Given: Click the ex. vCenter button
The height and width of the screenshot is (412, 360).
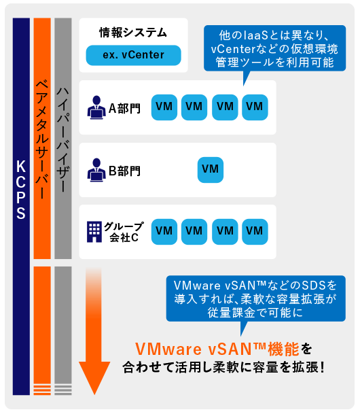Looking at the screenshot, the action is [x=133, y=55].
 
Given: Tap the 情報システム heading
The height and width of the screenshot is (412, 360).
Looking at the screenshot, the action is [x=133, y=33].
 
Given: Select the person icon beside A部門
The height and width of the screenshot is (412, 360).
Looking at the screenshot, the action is [x=96, y=107].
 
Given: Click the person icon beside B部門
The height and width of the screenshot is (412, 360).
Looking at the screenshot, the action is [x=96, y=170].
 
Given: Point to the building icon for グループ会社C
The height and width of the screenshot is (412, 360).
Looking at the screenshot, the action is [x=94, y=232].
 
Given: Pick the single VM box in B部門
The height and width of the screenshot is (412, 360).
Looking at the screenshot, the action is [x=211, y=170].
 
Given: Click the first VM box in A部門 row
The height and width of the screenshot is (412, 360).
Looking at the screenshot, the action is [x=164, y=107].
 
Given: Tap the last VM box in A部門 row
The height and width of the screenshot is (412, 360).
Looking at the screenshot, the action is [x=255, y=107].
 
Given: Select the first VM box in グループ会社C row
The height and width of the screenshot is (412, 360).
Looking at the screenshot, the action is [x=164, y=232].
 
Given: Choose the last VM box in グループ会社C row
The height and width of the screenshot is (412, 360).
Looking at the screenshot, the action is [x=255, y=232].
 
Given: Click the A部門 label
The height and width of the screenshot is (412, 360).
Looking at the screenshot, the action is [x=125, y=108].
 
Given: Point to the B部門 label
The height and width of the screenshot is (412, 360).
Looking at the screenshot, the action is [x=125, y=171].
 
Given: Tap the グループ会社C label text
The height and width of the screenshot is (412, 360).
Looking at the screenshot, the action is [x=124, y=232].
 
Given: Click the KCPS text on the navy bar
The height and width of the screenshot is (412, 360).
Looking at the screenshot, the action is [x=21, y=190].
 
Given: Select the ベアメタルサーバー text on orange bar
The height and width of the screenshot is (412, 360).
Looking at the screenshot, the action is [x=42, y=139].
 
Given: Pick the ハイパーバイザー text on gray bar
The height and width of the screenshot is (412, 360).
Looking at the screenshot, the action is [x=63, y=140].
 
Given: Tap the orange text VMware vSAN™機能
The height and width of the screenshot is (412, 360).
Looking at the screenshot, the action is [x=217, y=349].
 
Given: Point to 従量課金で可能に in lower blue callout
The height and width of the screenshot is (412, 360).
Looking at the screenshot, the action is [x=255, y=313].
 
